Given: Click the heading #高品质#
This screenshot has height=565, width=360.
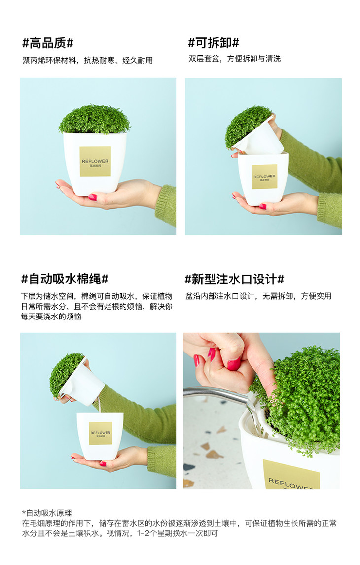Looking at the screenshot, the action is tap(47, 43).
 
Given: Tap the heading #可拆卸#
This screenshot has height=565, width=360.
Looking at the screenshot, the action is tap(214, 43).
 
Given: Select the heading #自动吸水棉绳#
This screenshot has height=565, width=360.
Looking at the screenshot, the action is tap(65, 279).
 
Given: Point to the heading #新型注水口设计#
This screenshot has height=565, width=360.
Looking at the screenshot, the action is tap(234, 279).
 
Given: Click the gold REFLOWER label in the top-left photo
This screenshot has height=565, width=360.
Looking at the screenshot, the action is tap(95, 161).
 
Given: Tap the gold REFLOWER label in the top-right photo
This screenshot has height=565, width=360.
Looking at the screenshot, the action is tap(264, 177).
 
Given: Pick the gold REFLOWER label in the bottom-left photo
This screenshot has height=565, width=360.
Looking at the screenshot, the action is tap(101, 433).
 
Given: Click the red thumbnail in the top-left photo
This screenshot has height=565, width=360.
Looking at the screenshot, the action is tap(93, 197).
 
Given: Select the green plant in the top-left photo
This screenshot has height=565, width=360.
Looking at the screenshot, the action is tap(94, 119).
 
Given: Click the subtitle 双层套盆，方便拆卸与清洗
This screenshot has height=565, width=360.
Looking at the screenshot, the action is tap(235, 59).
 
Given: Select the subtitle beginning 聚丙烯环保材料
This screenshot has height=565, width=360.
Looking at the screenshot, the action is tap(88, 60).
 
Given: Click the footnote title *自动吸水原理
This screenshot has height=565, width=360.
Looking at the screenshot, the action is tap(47, 513).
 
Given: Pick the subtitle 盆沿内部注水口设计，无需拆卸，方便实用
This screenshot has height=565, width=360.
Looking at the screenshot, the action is tap(258, 296).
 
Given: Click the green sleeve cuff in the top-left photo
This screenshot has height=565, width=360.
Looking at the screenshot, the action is tap(166, 206).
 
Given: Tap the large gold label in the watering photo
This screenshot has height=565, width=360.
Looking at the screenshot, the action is tap(290, 475).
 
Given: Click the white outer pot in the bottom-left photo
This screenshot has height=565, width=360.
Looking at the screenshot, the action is tap(100, 436).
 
